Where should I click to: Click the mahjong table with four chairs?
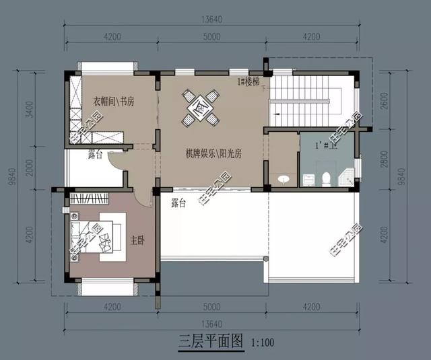coord(201,108)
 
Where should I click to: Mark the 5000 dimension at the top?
coord(211,36)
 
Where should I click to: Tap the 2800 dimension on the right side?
coord(383,160)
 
